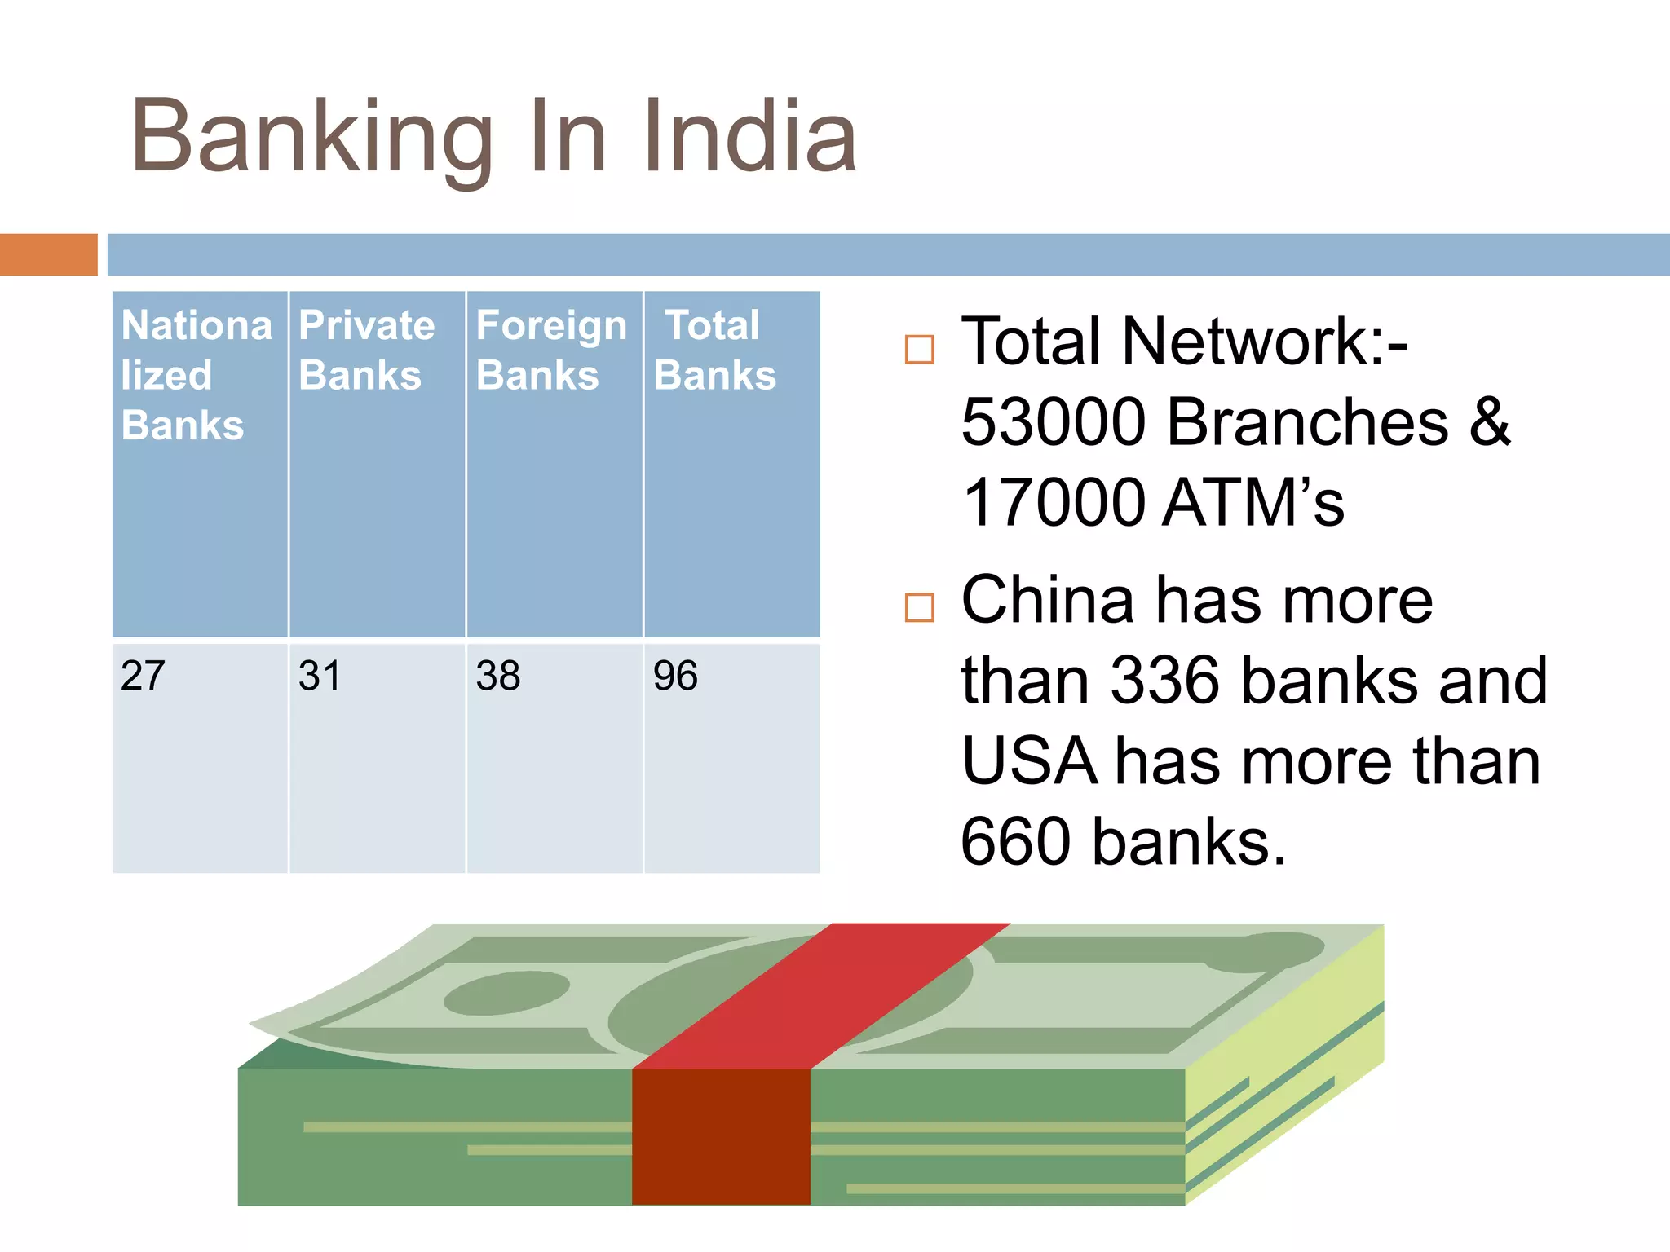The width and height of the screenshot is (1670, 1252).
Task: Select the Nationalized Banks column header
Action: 196,375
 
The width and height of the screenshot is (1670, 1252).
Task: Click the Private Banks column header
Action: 366,350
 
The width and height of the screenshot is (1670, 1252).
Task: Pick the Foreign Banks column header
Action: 551,350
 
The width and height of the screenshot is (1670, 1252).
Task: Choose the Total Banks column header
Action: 714,350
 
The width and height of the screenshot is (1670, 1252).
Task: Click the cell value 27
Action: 143,676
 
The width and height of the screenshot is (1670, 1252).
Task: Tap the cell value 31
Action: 320,676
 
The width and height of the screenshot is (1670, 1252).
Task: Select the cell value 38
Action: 498,676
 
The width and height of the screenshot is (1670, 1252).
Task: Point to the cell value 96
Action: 675,676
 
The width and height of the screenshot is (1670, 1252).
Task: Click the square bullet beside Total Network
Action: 919,350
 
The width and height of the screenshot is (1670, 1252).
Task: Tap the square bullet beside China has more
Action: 919,608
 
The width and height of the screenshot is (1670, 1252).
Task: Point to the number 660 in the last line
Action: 1016,842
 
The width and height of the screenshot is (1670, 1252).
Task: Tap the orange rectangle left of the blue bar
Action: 48,254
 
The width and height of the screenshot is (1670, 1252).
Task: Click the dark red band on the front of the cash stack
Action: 721,1136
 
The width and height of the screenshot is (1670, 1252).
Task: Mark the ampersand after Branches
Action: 1490,422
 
